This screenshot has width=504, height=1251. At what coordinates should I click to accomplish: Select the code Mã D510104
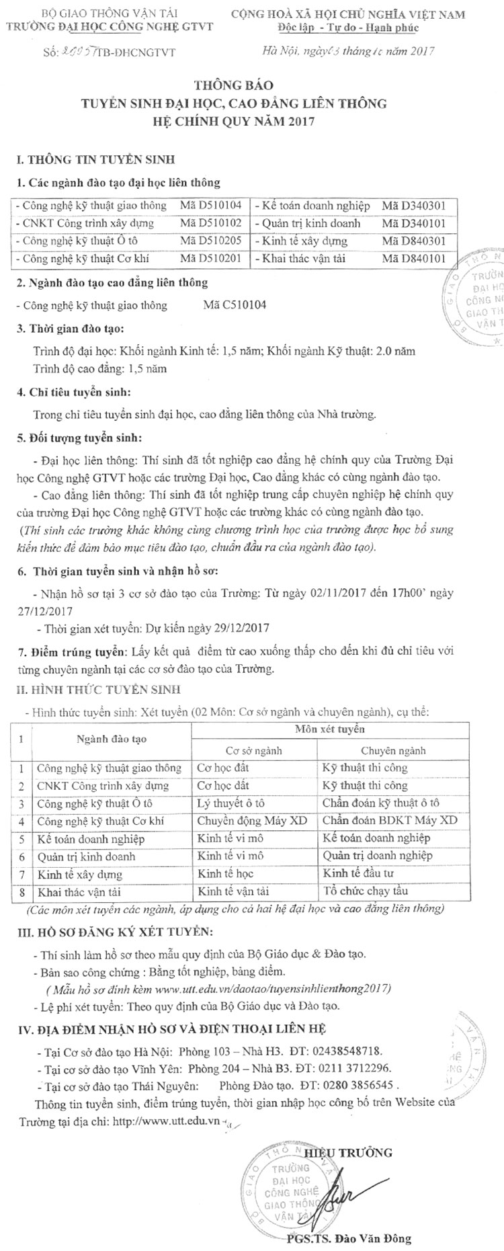(211, 206)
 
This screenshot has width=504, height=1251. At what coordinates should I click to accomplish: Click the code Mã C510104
(235, 305)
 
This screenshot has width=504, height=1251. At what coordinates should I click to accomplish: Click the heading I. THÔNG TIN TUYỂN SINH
(95, 160)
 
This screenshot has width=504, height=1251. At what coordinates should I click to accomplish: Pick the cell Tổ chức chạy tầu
(366, 891)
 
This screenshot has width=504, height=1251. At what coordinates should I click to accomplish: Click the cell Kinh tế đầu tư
(358, 874)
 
